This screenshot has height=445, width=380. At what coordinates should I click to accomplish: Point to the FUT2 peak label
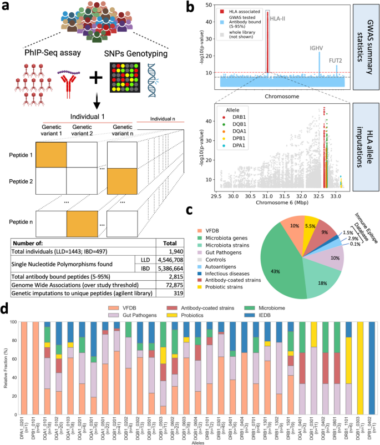click(336, 61)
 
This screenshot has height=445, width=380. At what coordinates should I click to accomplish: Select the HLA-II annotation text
click(279, 18)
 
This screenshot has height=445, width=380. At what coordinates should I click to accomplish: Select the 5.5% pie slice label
click(311, 210)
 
